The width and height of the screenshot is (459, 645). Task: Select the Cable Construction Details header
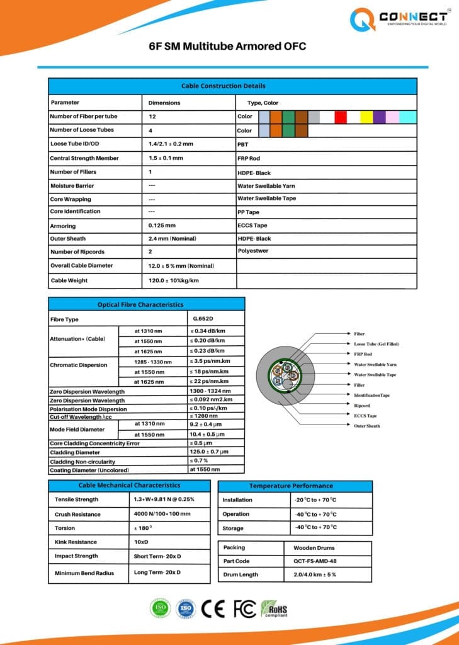232,86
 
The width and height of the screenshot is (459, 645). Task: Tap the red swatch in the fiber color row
341,117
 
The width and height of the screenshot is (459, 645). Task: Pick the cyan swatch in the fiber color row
408,117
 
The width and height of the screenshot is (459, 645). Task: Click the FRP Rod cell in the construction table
249,158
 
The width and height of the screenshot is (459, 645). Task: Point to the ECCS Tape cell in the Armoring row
252,225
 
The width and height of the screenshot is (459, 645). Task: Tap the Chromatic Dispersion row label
79,365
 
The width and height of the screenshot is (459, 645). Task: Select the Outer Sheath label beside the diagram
366,426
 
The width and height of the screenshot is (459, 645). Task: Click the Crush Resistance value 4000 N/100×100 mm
162,514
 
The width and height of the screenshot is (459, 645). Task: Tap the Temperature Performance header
295,486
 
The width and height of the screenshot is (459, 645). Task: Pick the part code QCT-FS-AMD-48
315,561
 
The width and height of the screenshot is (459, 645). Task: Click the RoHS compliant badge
274,608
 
